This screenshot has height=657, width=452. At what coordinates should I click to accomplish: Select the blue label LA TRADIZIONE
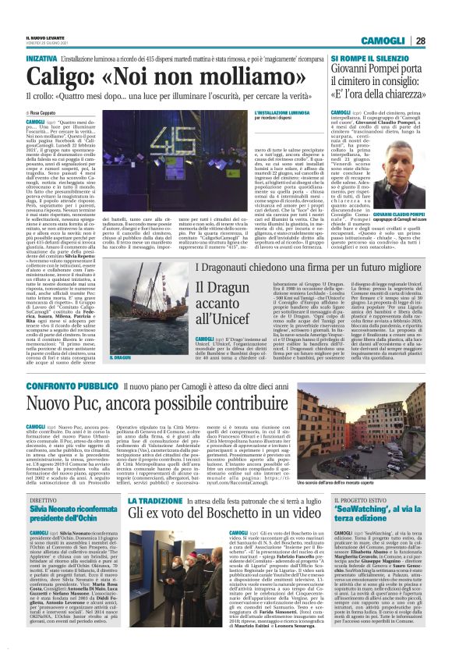click(x=153, y=499)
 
